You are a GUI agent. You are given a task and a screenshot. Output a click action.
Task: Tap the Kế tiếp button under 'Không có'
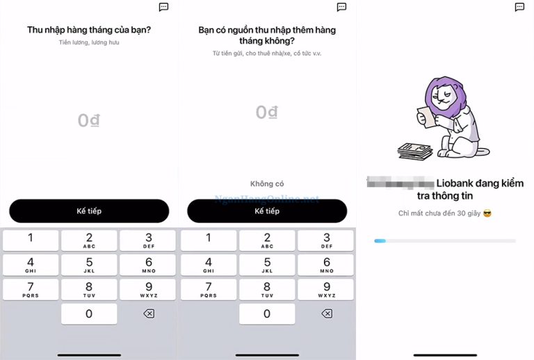point(267,211)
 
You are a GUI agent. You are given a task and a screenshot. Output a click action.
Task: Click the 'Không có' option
point(267,184)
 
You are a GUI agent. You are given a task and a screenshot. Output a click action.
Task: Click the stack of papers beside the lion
point(414,150)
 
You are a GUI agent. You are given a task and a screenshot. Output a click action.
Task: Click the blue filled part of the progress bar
point(380,240)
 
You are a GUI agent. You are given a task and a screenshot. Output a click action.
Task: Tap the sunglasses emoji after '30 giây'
point(487,213)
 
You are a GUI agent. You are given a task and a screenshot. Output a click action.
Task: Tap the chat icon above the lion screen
point(519,7)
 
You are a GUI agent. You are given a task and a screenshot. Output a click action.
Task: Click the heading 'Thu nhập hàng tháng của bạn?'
point(89,30)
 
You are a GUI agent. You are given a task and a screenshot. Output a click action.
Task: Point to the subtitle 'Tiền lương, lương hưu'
point(89,43)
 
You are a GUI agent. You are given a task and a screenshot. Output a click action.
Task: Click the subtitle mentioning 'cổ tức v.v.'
point(267,54)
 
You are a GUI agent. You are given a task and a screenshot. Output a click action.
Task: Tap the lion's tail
point(482,152)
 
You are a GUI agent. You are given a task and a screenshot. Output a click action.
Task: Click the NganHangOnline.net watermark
point(267,199)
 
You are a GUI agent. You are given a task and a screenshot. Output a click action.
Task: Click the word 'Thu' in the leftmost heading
point(35,30)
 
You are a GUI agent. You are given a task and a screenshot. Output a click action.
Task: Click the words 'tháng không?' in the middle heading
point(267,40)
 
